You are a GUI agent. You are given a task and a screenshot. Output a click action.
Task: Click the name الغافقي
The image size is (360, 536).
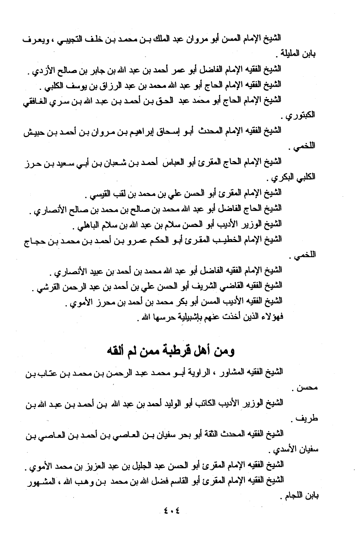(34, 100)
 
